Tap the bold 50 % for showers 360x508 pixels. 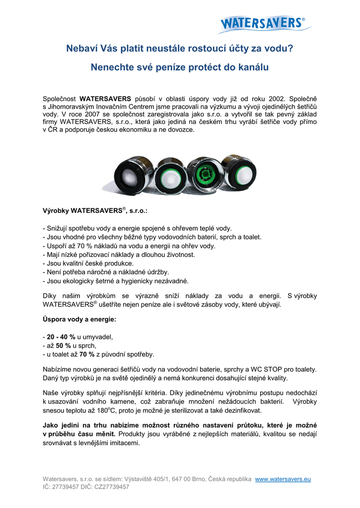(64, 345)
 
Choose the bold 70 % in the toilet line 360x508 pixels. (87, 354)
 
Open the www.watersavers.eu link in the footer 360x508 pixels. (283, 479)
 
